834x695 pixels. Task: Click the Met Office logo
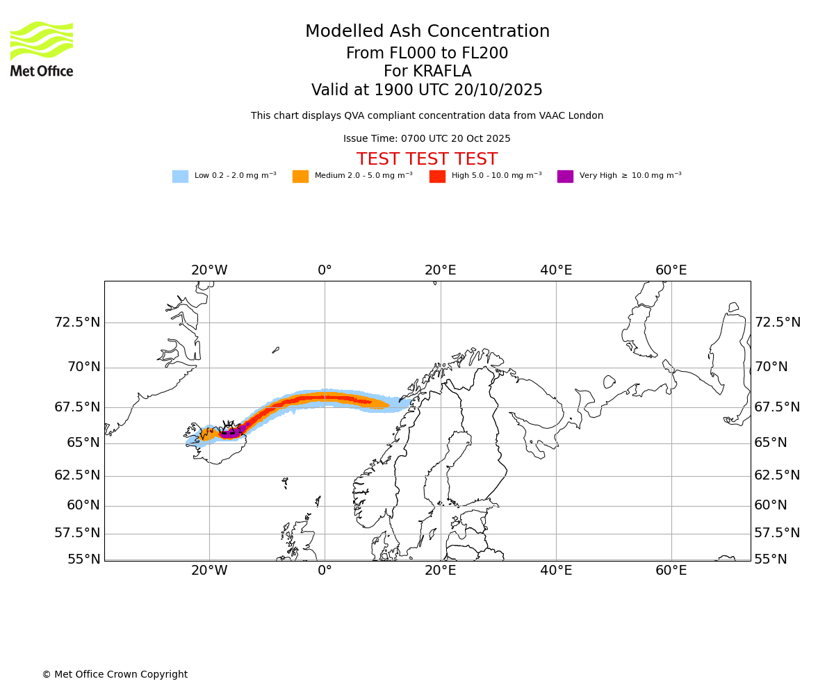pos(42,49)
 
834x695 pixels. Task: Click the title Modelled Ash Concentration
pos(427,32)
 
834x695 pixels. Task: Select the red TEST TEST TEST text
pos(427,160)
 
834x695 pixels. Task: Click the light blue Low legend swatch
pos(180,177)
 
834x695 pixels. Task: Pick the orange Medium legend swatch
pos(300,177)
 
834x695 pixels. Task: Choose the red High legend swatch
pos(437,177)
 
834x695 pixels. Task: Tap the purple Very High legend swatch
pos(565,177)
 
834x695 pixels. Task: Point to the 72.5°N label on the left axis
pos(77,322)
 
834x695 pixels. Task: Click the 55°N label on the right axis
pos(771,559)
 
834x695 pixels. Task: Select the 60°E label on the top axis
pos(671,270)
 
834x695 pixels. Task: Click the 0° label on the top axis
pos(325,270)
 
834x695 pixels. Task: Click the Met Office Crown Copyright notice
pos(115,675)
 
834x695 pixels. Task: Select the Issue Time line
pos(427,139)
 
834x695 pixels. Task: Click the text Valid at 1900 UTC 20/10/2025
pos(427,90)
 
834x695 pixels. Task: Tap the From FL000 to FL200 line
pos(427,54)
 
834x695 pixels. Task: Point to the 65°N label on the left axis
pos(83,443)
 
